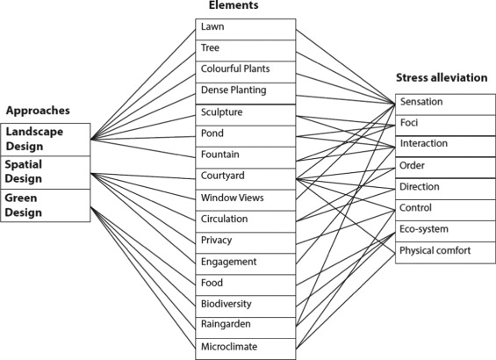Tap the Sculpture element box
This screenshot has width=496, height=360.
pyautogui.click(x=243, y=113)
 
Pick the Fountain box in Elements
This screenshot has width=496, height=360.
pyautogui.click(x=243, y=155)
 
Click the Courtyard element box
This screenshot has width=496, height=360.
pyautogui.click(x=243, y=176)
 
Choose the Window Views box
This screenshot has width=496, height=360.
pyautogui.click(x=243, y=198)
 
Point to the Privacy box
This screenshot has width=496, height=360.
pyautogui.click(x=243, y=241)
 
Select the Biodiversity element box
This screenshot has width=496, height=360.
pyautogui.click(x=243, y=304)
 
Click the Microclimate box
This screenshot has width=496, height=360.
pyautogui.click(x=243, y=347)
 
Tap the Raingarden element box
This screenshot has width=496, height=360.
pyautogui.click(x=243, y=325)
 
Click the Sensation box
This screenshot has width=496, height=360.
pyautogui.click(x=438, y=103)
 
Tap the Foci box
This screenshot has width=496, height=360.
pyautogui.click(x=438, y=124)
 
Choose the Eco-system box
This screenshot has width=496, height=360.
pyautogui.click(x=438, y=230)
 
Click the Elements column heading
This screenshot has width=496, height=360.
pyautogui.click(x=241, y=6)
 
